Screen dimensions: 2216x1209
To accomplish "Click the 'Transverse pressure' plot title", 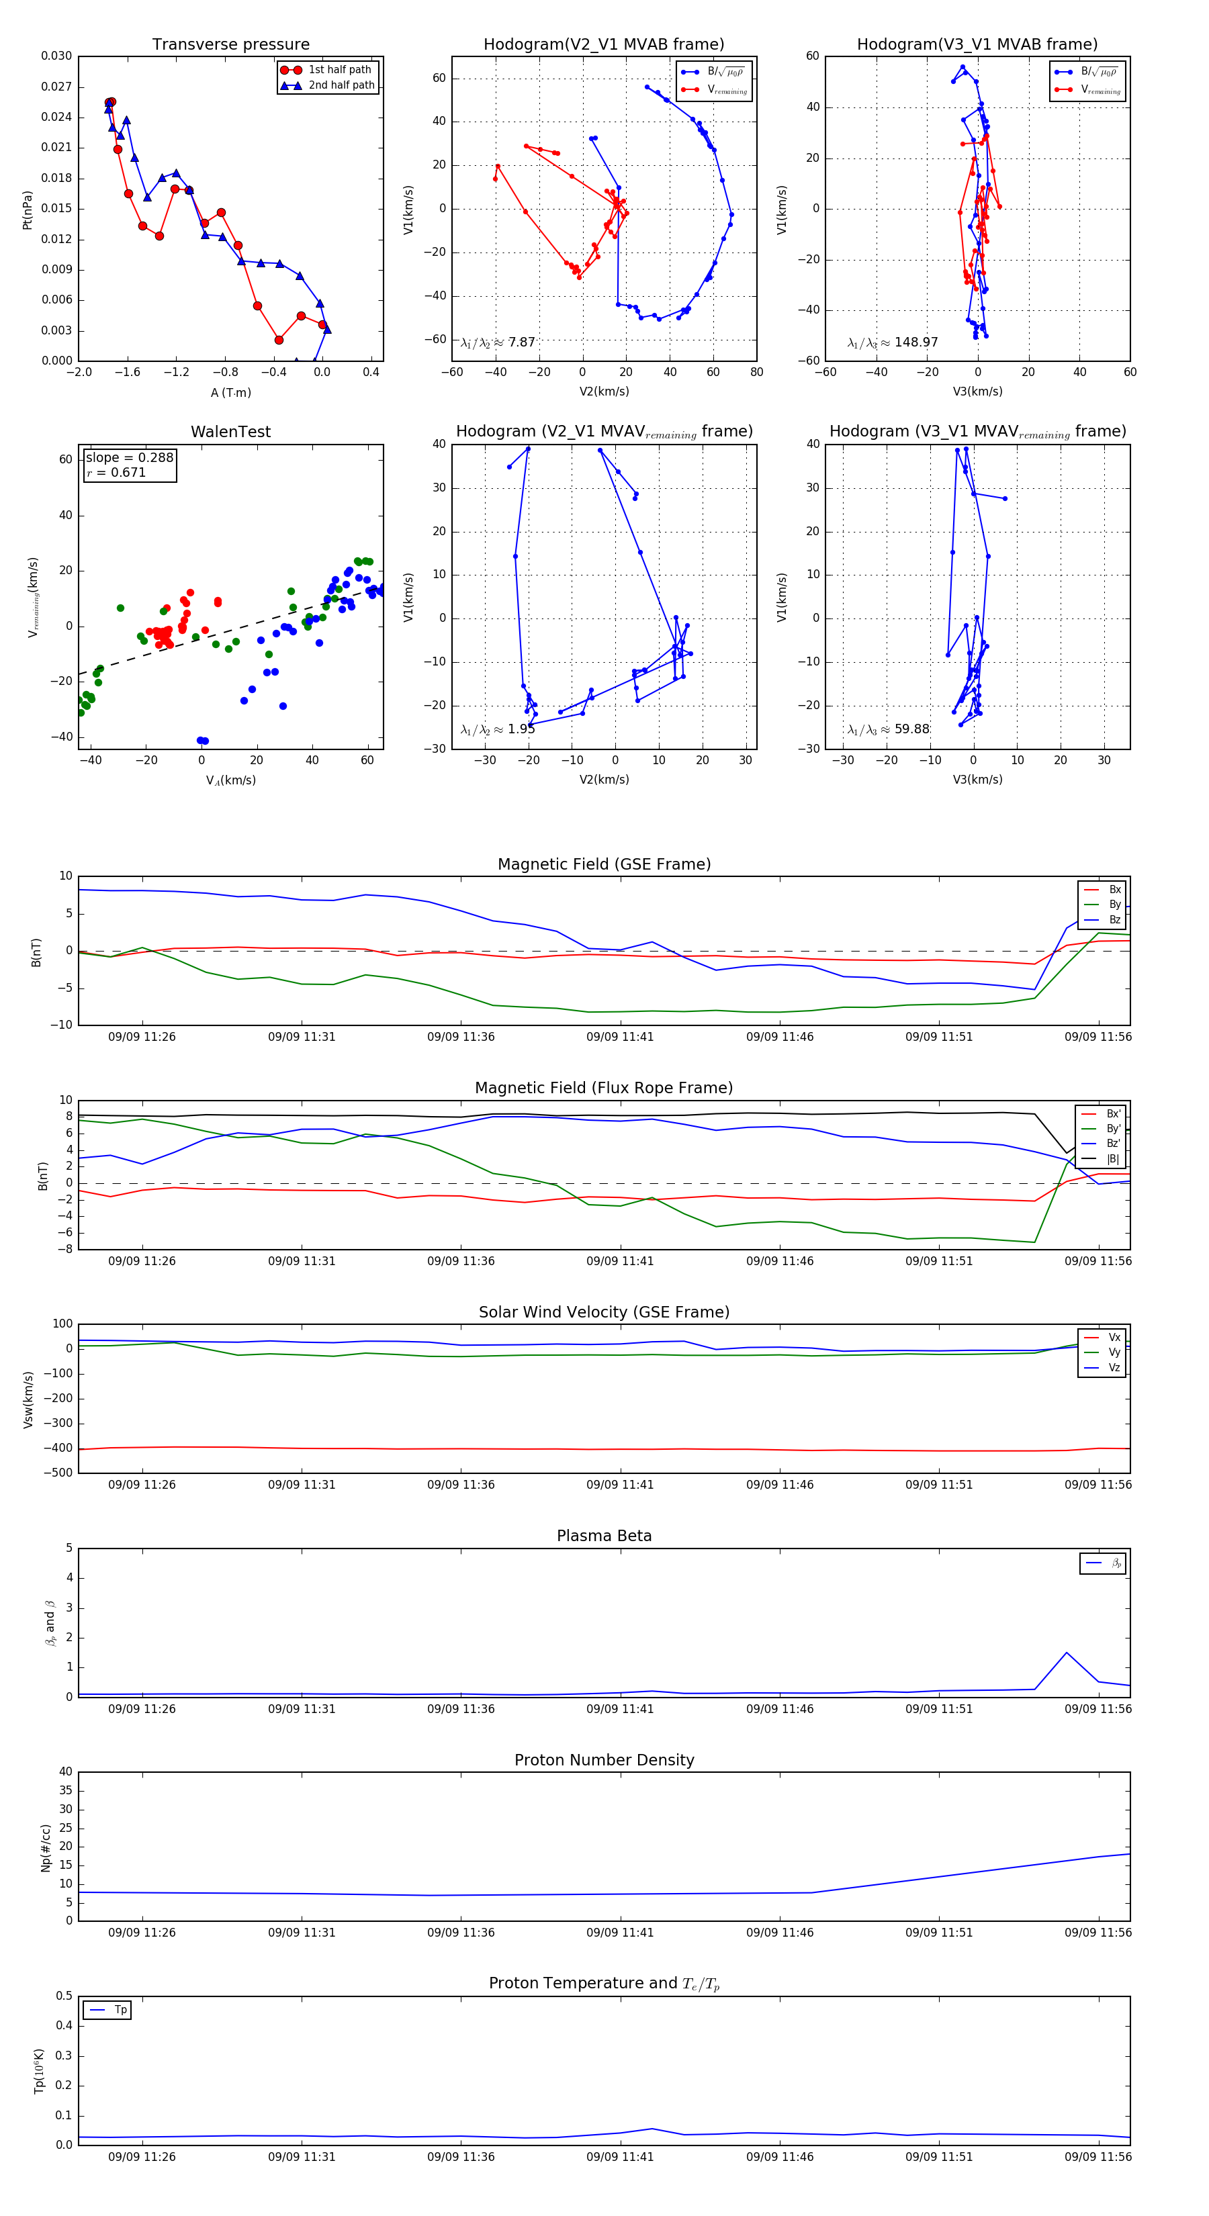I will point(230,45).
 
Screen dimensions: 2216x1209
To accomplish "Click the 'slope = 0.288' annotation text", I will point(129,458).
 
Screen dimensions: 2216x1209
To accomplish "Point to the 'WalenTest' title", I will point(230,432).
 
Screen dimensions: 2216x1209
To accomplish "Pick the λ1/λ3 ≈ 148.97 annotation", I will point(893,342).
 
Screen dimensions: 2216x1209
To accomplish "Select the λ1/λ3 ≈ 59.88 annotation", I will point(888,729).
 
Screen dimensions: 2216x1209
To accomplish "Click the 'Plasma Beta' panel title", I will point(604,1536).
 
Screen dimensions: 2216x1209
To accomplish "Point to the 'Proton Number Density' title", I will point(604,1760).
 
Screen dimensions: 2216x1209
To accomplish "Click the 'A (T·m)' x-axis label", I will point(230,393).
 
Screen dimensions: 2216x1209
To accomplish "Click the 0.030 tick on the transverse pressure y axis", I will point(57,56).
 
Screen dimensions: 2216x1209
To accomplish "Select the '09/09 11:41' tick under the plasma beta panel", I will point(619,1708).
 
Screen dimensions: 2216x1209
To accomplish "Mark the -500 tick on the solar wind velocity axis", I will point(58,1473).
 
